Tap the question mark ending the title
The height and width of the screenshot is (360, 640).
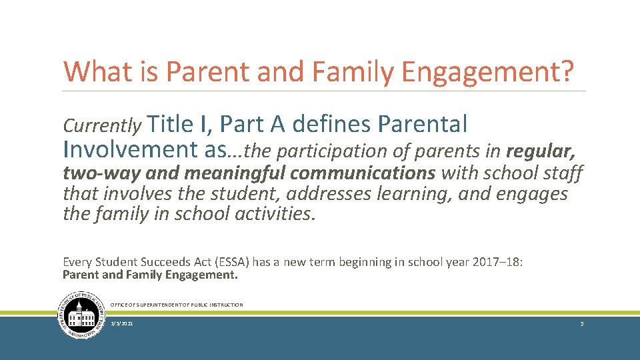tap(565, 72)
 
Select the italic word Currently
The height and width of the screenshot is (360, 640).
tap(102, 125)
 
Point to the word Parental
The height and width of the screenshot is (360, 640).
tap(422, 124)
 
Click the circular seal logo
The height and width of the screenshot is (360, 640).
tap(81, 315)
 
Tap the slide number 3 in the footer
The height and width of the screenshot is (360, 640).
tap(582, 323)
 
